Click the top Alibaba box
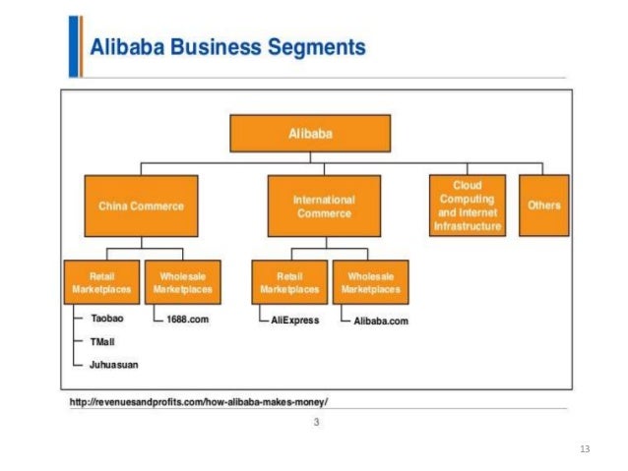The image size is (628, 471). (x=310, y=133)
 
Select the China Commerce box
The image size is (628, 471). (x=141, y=206)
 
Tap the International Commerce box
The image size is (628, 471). (x=324, y=206)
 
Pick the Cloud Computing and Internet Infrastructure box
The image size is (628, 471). (x=468, y=206)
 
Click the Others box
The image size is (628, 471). (x=543, y=206)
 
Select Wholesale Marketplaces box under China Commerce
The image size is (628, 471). (x=182, y=282)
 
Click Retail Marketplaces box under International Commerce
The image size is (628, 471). (x=289, y=282)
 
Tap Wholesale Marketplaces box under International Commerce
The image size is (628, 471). (x=370, y=282)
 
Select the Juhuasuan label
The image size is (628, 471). (x=113, y=364)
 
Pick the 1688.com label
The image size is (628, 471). (x=188, y=321)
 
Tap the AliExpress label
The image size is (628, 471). (x=294, y=321)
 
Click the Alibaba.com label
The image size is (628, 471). (x=380, y=321)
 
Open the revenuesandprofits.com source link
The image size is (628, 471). (x=198, y=402)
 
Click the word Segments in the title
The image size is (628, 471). (x=318, y=47)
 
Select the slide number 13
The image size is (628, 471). (x=585, y=448)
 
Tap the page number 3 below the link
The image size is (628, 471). (x=316, y=423)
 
